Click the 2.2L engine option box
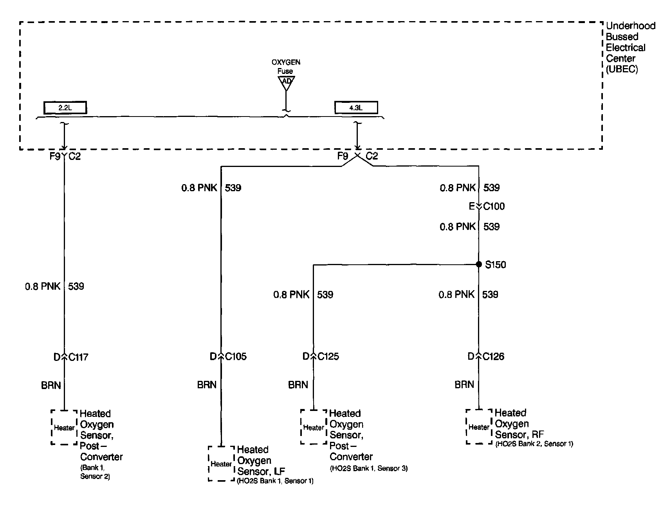(65, 108)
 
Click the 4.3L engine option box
(356, 108)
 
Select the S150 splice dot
(478, 264)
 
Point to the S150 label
(495, 265)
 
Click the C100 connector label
(494, 206)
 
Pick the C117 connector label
(78, 357)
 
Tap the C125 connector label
(328, 356)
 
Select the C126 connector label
(493, 356)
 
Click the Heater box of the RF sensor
(479, 427)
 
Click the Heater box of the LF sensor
(221, 464)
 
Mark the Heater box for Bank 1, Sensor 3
(314, 427)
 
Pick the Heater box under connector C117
(64, 428)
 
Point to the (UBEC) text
(622, 70)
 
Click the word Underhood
(630, 26)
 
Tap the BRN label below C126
(464, 385)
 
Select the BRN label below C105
(207, 385)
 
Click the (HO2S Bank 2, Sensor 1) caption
(534, 444)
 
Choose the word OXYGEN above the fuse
(286, 62)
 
